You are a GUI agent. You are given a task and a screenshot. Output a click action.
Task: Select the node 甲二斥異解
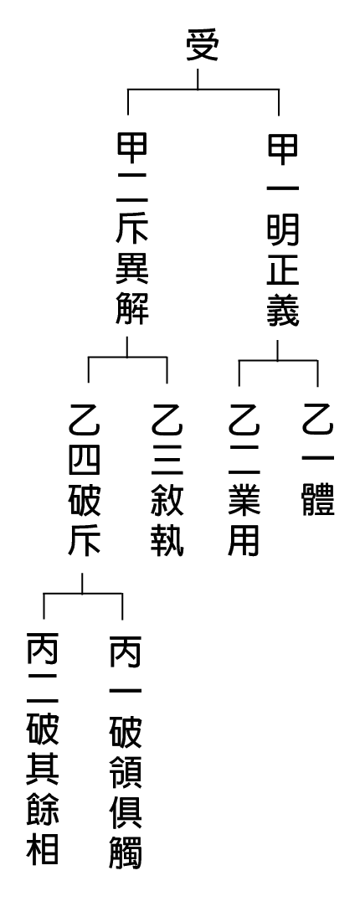click(132, 229)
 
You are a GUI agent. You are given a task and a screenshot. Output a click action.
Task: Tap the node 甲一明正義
click(284, 229)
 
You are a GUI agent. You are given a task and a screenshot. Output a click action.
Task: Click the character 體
click(318, 499)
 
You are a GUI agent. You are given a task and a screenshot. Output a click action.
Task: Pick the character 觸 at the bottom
click(126, 850)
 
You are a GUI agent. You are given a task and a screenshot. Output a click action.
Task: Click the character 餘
click(43, 810)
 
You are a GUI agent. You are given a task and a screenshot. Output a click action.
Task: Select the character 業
click(244, 499)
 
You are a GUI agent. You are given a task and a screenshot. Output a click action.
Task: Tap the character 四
click(85, 459)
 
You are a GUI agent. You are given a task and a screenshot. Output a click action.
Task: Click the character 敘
click(167, 499)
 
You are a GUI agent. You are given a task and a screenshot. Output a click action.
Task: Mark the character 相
click(43, 849)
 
